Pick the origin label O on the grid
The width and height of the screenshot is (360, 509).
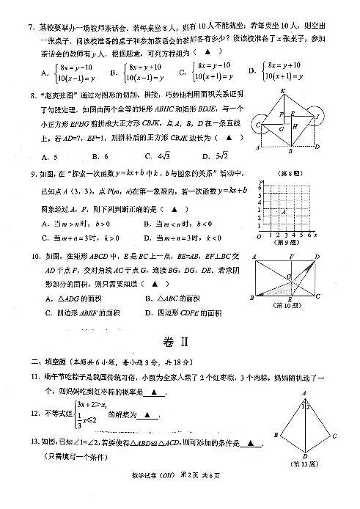pyautogui.click(x=259, y=235)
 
